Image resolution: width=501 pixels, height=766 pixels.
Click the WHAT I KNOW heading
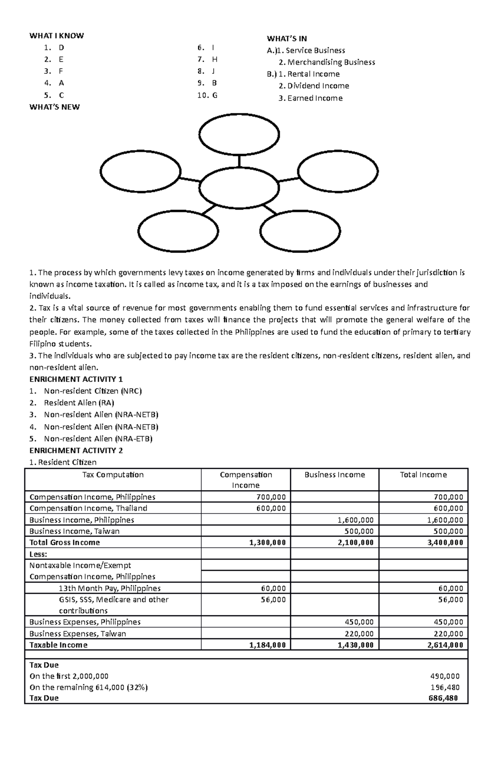[56, 35]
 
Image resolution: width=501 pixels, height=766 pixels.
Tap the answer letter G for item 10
[215, 95]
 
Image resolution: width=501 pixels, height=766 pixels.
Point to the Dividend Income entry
[318, 86]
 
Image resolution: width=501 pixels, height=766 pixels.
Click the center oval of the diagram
[239, 188]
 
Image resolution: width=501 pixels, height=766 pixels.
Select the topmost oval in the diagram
[239, 135]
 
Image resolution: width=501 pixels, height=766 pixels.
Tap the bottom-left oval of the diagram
[178, 232]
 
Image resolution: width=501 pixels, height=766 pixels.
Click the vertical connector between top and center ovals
[239, 161]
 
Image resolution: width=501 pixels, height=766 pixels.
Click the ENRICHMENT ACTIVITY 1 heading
[76, 379]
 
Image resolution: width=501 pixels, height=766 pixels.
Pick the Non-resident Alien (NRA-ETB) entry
[98, 439]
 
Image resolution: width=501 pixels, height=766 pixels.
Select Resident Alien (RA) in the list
[79, 403]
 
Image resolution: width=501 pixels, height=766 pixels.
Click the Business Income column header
[334, 475]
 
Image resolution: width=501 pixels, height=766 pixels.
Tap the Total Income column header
[423, 475]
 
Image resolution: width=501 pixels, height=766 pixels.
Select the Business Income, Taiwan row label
[74, 531]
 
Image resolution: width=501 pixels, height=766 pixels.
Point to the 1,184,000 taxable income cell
[267, 645]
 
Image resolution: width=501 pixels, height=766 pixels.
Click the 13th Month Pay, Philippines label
[110, 588]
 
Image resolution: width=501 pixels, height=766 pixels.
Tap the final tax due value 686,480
[443, 698]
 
